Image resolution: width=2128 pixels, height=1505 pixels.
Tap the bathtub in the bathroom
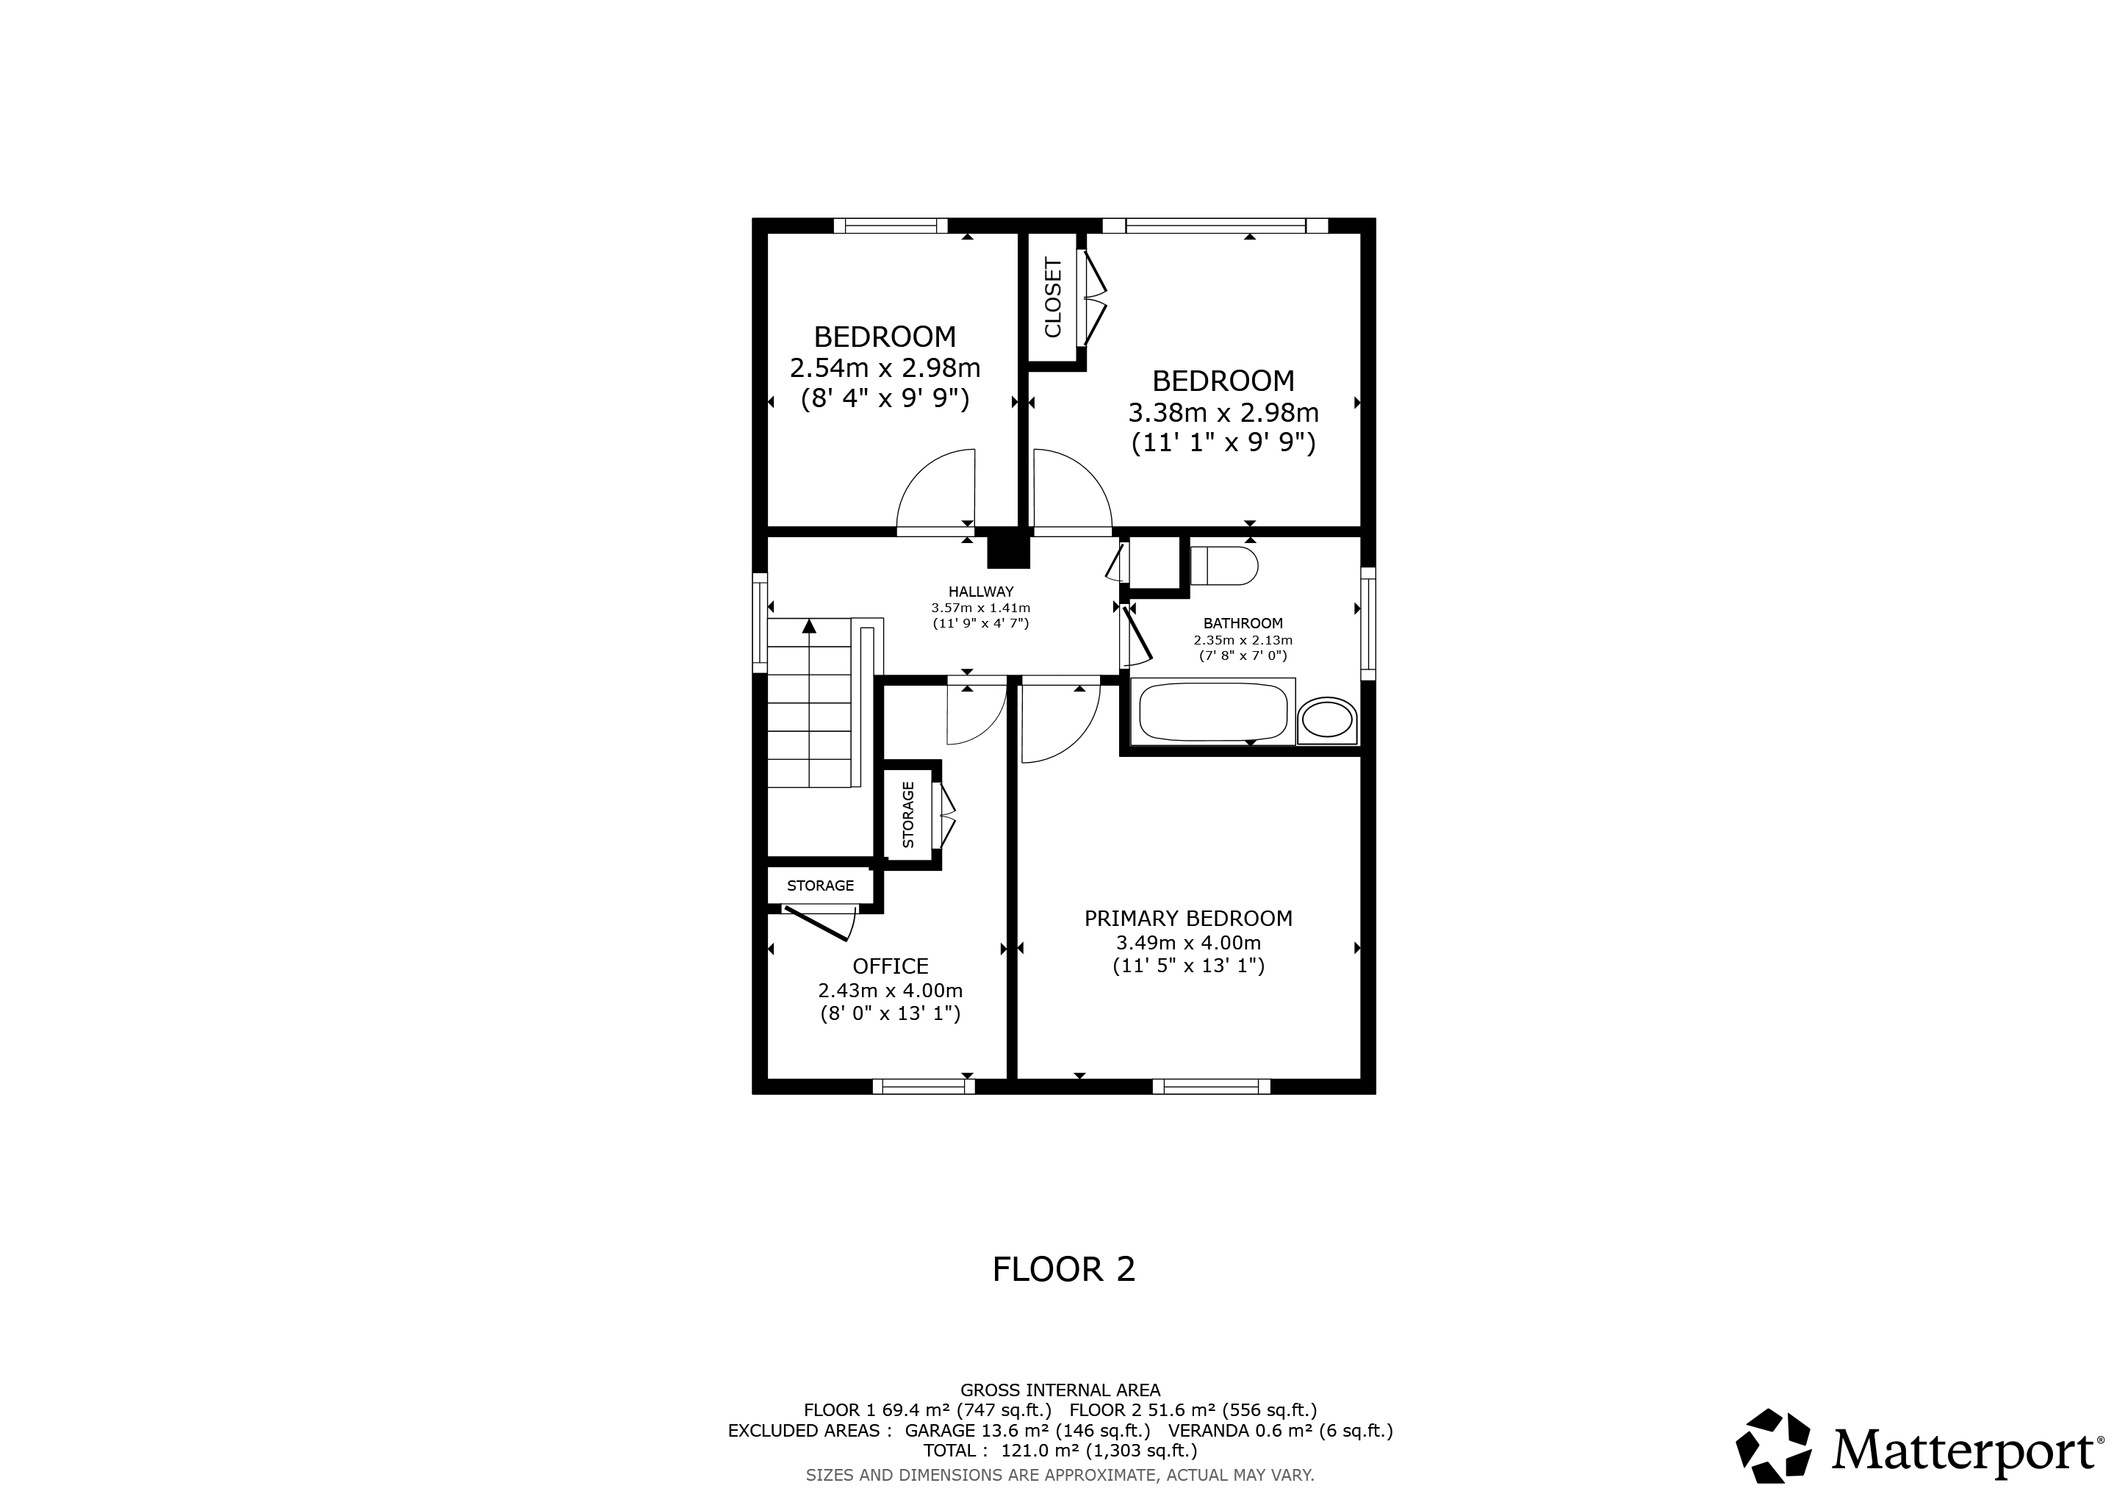(1213, 712)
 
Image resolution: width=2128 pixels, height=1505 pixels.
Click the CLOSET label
(1053, 298)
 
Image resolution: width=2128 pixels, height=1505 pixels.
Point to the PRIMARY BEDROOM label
(1188, 919)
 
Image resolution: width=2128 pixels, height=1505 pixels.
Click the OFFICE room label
(890, 966)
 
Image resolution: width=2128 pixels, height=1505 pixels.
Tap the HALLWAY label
(980, 592)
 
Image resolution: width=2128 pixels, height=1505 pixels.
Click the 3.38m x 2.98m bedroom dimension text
(1223, 412)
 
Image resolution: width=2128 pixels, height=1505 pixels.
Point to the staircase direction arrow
(809, 626)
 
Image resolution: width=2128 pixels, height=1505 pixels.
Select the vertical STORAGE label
(908, 814)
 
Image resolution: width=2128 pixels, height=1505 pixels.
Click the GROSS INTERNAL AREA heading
(1060, 1390)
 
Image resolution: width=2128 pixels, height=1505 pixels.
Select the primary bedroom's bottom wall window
(1212, 1087)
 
